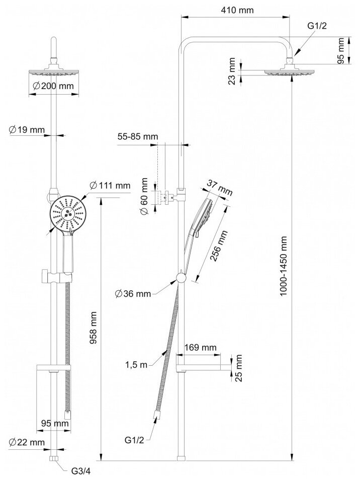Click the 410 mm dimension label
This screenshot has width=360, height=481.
coord(236,10)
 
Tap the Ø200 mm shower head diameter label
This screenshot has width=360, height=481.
coord(53,86)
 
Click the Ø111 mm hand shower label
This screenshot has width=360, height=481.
coord(110,186)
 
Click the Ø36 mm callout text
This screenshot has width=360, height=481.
coord(133,293)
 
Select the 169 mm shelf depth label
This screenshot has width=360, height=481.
coord(201,347)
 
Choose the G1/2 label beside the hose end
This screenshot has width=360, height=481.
coord(134,440)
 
